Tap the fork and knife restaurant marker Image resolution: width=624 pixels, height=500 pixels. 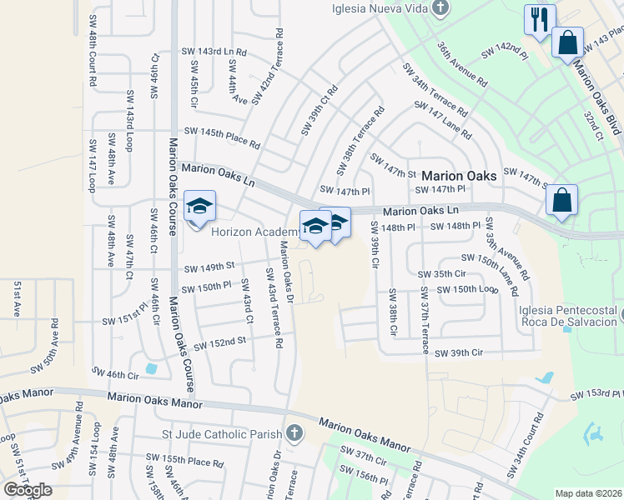pos(539,19)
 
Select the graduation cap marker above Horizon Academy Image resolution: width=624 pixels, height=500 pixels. pos(199,207)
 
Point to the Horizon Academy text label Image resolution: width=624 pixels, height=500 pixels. pos(254,232)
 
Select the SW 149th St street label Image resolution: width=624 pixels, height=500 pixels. pos(208,267)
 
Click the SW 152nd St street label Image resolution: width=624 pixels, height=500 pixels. pos(220,342)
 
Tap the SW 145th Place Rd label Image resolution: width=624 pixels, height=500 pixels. pos(223,137)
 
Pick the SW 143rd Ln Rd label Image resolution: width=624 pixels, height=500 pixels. pos(214,52)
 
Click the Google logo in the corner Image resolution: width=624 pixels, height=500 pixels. pos(28,490)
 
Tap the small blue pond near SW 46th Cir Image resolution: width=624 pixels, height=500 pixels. pos(150,367)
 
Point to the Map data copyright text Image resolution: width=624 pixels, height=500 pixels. pos(589,493)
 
